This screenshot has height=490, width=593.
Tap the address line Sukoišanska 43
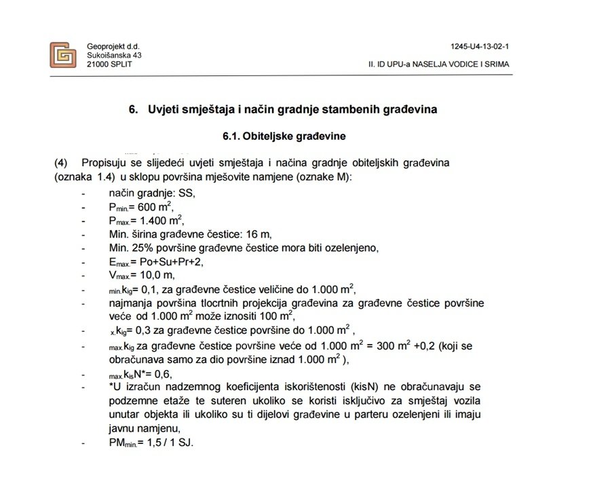[x=114, y=55]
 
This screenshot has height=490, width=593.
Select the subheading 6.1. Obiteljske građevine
[x=284, y=136]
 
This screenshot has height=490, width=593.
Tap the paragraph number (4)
[x=62, y=164]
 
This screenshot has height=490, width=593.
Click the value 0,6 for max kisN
[x=161, y=374]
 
